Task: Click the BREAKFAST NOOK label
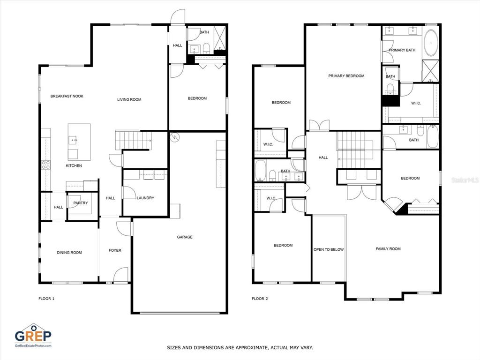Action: [67, 96]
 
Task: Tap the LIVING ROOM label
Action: [129, 99]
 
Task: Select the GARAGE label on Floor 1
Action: [185, 237]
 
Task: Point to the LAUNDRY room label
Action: [145, 198]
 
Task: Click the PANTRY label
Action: [81, 203]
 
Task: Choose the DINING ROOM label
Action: [69, 253]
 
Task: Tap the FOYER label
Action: [115, 250]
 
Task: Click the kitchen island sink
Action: [73, 140]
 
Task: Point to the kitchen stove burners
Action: [45, 165]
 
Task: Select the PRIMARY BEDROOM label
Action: [346, 76]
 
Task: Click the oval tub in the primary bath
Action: [431, 43]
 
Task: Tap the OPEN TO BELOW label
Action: [329, 249]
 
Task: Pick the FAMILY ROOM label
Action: [388, 249]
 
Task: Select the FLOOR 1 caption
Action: [46, 299]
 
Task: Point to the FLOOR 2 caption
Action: [260, 299]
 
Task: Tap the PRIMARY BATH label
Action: [402, 50]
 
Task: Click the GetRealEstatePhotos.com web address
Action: [33, 345]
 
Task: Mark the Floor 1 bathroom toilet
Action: [206, 48]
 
